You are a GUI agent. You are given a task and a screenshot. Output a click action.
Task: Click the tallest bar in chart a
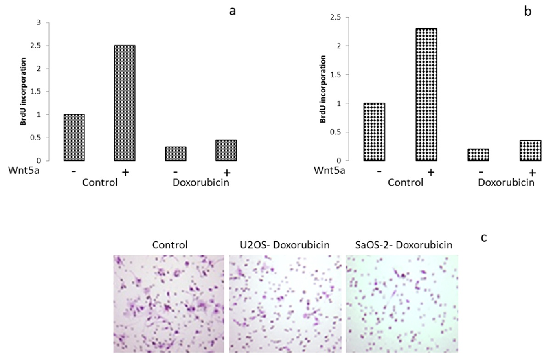tap(124, 103)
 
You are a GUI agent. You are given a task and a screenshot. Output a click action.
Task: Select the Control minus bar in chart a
tap(74, 137)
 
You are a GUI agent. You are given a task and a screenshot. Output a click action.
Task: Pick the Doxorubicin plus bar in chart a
tap(226, 150)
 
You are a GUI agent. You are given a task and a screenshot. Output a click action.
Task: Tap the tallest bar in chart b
tap(426, 94)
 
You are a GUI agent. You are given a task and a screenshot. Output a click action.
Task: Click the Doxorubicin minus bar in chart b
tap(478, 155)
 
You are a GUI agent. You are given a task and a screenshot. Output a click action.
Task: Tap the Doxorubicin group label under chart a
tap(201, 182)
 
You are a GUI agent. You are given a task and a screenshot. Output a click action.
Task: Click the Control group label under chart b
tap(405, 182)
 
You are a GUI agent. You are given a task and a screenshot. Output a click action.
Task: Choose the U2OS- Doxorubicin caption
tap(285, 245)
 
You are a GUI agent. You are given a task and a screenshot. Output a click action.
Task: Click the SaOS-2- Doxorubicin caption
tap(400, 245)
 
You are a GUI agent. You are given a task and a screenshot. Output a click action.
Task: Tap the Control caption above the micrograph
tap(168, 245)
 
